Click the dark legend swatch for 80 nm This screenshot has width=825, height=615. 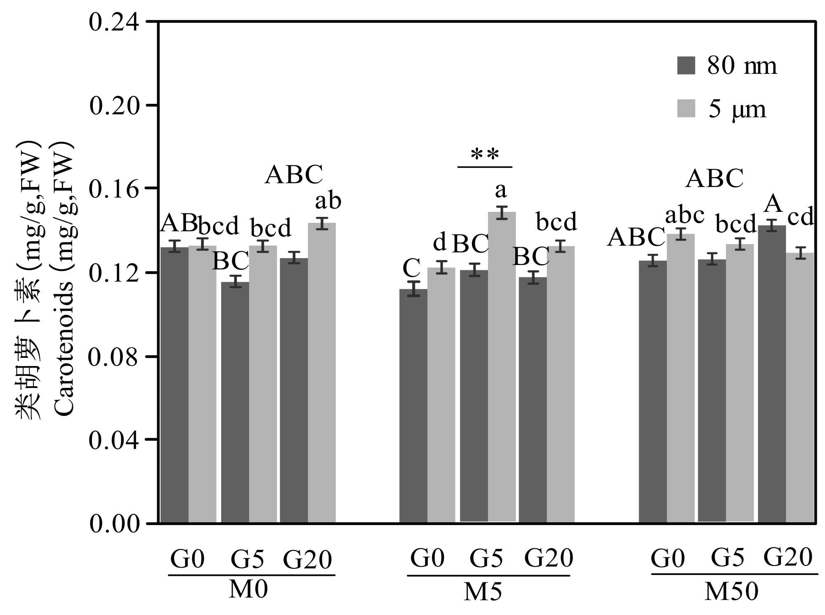pyautogui.click(x=686, y=66)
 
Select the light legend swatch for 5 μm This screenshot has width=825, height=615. pyautogui.click(x=686, y=108)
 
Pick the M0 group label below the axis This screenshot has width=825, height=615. pyautogui.click(x=248, y=589)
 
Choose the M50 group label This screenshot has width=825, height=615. pyautogui.click(x=731, y=592)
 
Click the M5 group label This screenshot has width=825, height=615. pyautogui.click(x=483, y=592)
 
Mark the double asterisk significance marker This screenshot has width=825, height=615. pyautogui.click(x=485, y=155)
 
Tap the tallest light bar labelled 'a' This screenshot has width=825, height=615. pyautogui.click(x=502, y=367)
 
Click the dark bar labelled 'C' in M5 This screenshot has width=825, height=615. pyautogui.click(x=413, y=406)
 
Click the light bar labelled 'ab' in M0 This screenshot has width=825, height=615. pyautogui.click(x=322, y=373)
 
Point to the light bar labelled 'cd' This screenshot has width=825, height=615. pyautogui.click(x=800, y=387)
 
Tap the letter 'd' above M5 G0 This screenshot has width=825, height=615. pyautogui.click(x=440, y=242)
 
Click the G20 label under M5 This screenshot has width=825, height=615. pyautogui.click(x=549, y=558)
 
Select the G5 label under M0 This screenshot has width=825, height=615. pyautogui.click(x=247, y=559)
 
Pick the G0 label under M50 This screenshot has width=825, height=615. pyautogui.click(x=667, y=559)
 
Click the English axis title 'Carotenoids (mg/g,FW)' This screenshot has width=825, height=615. pyautogui.click(x=64, y=280)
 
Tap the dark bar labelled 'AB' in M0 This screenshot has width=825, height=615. pyautogui.click(x=174, y=385)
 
